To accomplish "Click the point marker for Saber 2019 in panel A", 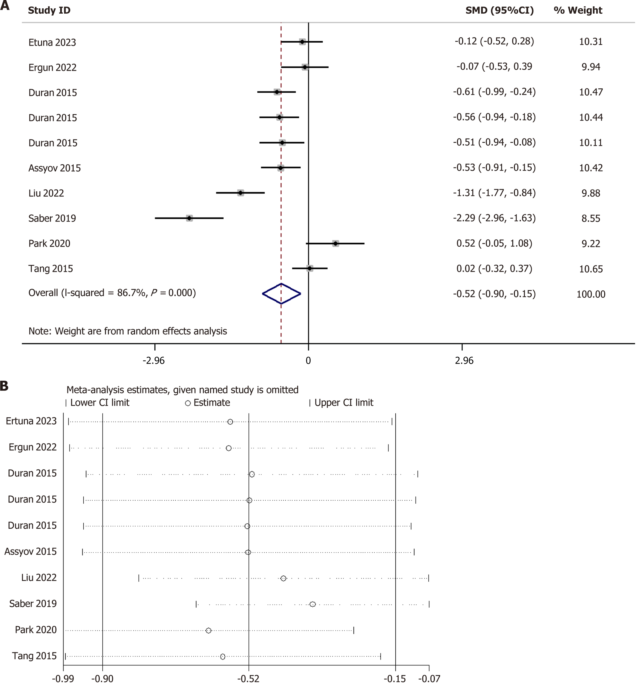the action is pos(189,218).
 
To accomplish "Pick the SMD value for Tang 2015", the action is pos(494,269).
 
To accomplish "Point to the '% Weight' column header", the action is pos(578,10).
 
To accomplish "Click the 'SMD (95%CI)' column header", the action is pos(499,10).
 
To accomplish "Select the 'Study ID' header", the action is pos(49,10).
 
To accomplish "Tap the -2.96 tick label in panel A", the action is pos(154,361).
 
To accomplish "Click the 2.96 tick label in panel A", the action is pos(464,361).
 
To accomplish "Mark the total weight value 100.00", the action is pos(591,294).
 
